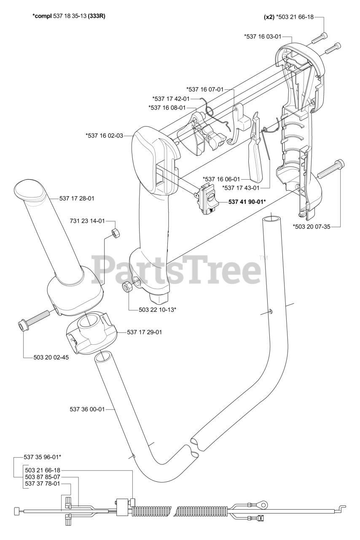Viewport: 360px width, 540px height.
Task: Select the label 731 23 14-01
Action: (x=87, y=221)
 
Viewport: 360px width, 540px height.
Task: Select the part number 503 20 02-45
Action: (x=51, y=357)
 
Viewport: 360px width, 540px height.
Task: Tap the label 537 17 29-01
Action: (x=145, y=332)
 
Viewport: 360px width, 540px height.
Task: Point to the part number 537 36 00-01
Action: (x=87, y=409)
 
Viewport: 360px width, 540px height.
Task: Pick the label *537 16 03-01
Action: (x=263, y=36)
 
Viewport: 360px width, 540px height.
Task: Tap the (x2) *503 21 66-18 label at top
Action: (x=289, y=17)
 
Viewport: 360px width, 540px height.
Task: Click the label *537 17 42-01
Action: (x=171, y=99)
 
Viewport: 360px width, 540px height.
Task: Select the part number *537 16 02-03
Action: (x=105, y=135)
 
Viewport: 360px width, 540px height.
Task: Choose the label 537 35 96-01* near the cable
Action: (x=43, y=457)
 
